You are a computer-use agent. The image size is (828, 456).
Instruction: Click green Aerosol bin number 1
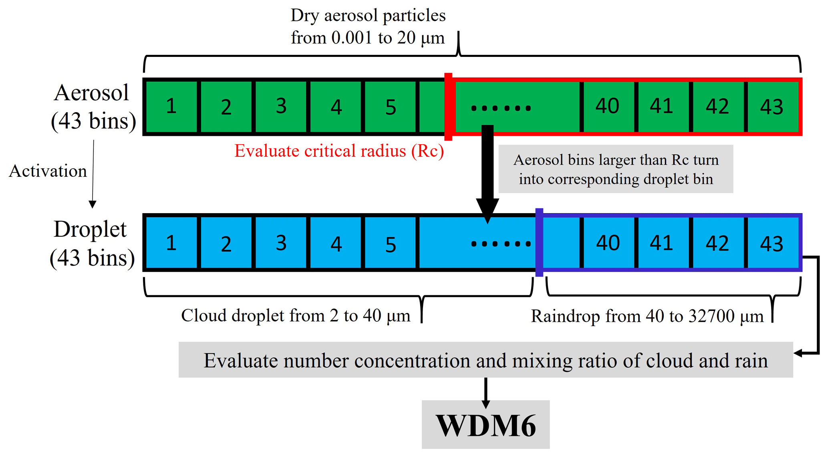point(171,107)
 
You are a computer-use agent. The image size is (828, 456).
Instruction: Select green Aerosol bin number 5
point(391,107)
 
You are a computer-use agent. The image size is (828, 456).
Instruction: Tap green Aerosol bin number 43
point(772,107)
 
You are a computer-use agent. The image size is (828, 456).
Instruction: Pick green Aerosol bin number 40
point(607,107)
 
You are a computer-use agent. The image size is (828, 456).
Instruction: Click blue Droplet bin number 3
point(281,243)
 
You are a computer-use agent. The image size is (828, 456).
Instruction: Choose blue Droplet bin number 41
point(661,243)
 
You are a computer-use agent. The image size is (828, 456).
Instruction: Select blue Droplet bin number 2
point(226,243)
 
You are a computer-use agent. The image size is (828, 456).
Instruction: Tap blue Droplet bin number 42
point(717,243)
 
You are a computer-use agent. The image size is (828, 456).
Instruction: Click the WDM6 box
point(486,425)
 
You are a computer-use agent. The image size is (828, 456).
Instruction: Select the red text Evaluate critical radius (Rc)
point(339,151)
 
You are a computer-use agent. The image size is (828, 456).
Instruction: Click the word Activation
point(48,171)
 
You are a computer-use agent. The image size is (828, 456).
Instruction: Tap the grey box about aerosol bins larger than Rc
point(616,169)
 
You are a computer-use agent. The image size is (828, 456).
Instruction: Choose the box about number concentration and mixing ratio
point(486,360)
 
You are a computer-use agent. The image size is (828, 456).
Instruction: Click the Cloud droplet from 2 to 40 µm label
point(296,316)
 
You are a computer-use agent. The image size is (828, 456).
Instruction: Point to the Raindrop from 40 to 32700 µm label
point(647,316)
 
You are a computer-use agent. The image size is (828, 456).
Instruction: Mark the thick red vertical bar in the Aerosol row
point(448,107)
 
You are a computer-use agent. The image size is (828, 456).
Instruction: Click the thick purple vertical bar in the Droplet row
point(539,242)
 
